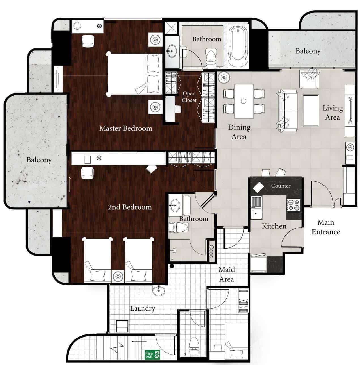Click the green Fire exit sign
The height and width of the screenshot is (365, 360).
(152, 355)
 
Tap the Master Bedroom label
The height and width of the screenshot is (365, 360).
(125, 128)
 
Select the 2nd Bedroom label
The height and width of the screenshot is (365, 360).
(130, 207)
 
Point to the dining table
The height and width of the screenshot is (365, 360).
(244, 101)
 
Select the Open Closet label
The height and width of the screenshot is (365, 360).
(189, 97)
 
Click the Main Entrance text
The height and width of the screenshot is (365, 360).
(326, 227)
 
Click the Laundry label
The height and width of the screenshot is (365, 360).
(142, 308)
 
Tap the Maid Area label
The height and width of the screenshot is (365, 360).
(227, 274)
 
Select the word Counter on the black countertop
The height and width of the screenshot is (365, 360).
(281, 186)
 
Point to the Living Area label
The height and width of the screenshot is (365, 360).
(333, 113)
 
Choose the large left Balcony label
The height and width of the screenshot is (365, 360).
(39, 160)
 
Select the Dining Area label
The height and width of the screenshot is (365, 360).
(239, 132)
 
